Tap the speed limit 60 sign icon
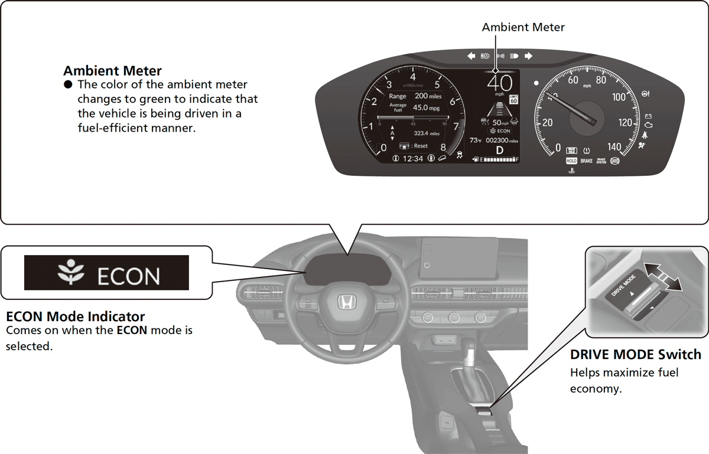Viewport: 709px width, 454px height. point(513,99)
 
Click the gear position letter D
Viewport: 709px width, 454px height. point(499,150)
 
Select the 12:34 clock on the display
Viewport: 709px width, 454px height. point(412,159)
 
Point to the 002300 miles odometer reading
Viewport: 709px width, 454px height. point(501,141)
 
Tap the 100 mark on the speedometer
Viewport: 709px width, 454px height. point(618,97)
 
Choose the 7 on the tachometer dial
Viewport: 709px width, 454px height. point(456,126)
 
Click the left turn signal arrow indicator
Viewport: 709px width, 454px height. point(471,56)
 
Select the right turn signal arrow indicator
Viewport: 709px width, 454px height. point(528,56)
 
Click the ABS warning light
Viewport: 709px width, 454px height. point(615,161)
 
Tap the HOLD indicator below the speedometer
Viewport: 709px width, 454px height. point(571,161)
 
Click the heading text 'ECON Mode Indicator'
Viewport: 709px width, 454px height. point(75,317)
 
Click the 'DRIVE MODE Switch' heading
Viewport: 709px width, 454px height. point(635,355)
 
